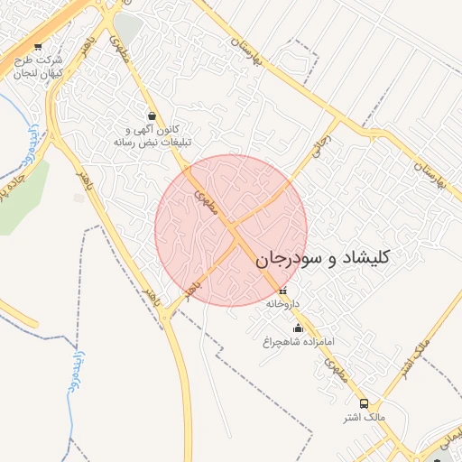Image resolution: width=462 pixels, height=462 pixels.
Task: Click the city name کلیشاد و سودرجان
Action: click(x=322, y=259)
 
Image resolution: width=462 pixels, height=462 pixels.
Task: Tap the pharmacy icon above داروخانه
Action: click(x=283, y=291)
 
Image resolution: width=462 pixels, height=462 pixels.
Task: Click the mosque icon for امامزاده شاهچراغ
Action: click(x=299, y=328)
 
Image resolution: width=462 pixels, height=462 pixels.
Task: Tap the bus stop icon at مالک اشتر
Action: click(x=364, y=403)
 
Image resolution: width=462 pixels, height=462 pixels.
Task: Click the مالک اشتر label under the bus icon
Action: click(x=364, y=418)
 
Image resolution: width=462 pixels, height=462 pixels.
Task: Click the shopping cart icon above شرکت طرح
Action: click(x=37, y=47)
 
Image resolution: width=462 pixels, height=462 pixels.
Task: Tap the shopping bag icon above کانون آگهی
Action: click(x=152, y=115)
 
